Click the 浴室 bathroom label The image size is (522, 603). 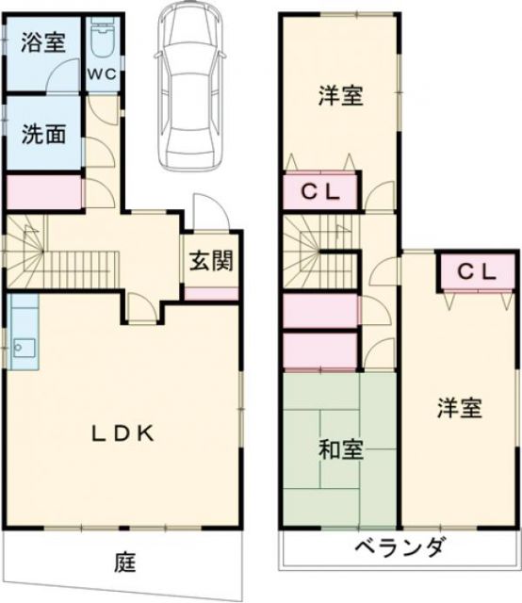pos(44,43)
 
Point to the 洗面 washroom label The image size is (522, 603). pos(44,134)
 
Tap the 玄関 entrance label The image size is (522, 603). pos(210,261)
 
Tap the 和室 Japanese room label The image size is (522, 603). pos(336,450)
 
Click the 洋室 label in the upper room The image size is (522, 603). pos(340,95)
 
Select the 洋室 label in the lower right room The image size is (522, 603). pos(459,409)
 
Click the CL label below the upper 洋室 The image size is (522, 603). pos(320,194)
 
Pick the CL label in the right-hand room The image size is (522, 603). pos(477,271)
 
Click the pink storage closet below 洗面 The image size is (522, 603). pos(44,192)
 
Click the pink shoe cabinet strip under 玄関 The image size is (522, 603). pos(210,292)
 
